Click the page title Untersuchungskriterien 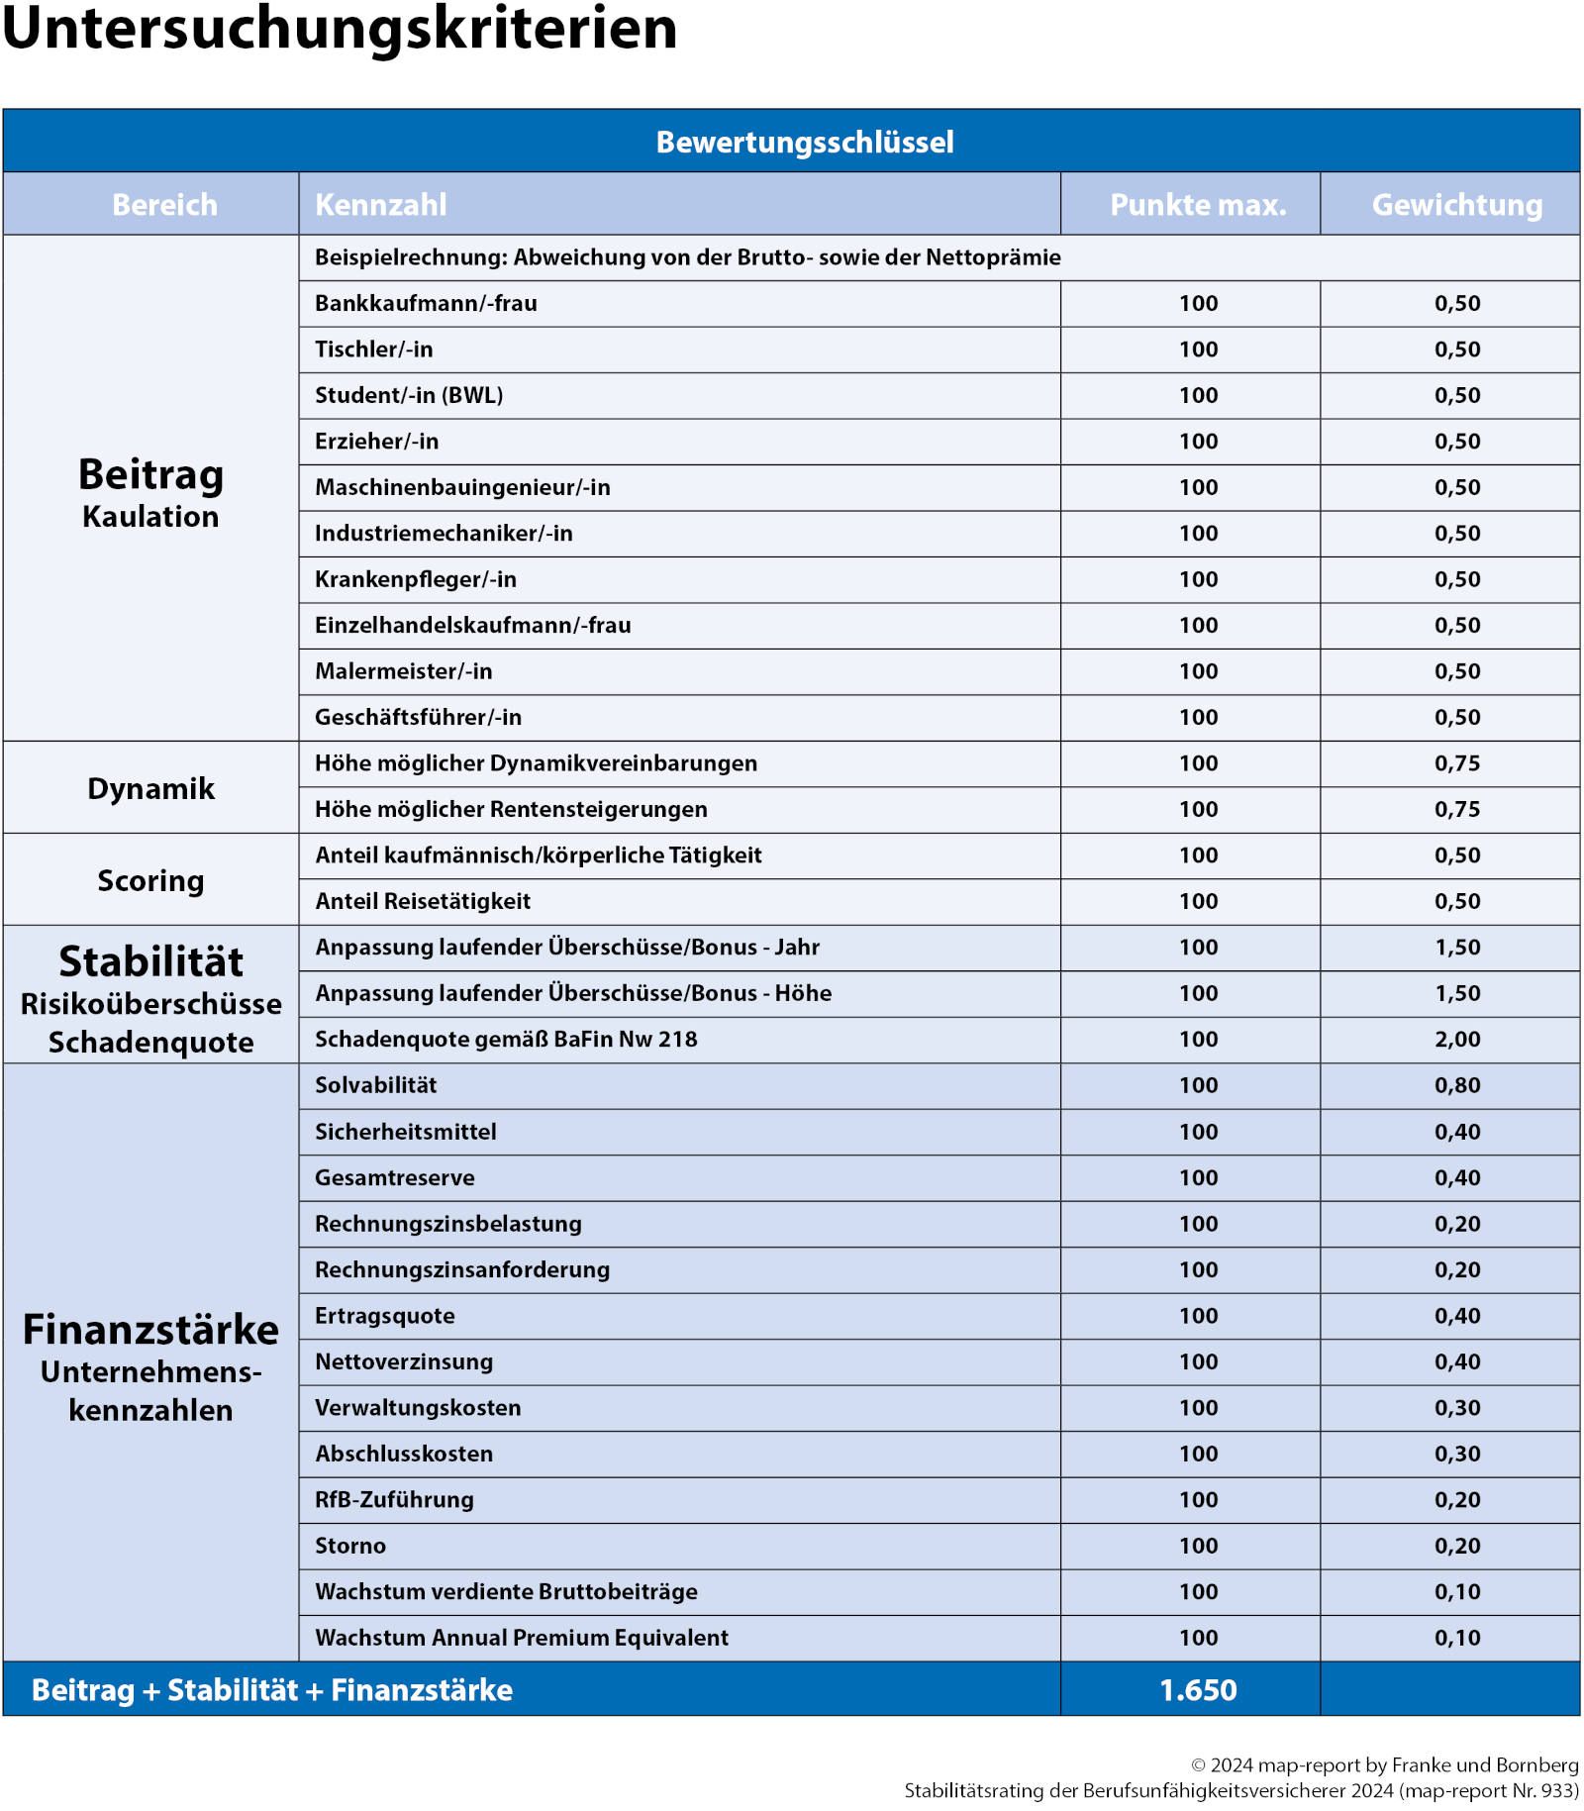[x=340, y=30]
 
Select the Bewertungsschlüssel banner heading [x=804, y=142]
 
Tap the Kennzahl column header [x=381, y=205]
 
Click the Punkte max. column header [x=1198, y=205]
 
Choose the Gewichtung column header [x=1456, y=205]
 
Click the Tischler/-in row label [x=374, y=350]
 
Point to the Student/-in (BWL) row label [x=409, y=395]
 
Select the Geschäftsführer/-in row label [x=418, y=717]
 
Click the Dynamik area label [x=150, y=788]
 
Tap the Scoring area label [x=150, y=880]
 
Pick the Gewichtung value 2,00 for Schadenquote [x=1457, y=1039]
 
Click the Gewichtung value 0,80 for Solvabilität [x=1457, y=1085]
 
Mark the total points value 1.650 [x=1198, y=1689]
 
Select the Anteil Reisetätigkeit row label [x=423, y=901]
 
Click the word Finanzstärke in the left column [x=150, y=1330]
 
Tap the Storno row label [x=350, y=1546]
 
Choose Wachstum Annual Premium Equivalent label [x=522, y=1638]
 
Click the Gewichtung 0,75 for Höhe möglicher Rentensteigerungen [x=1457, y=809]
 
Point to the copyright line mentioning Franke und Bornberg [x=1384, y=1764]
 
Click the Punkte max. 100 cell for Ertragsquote [x=1198, y=1316]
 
